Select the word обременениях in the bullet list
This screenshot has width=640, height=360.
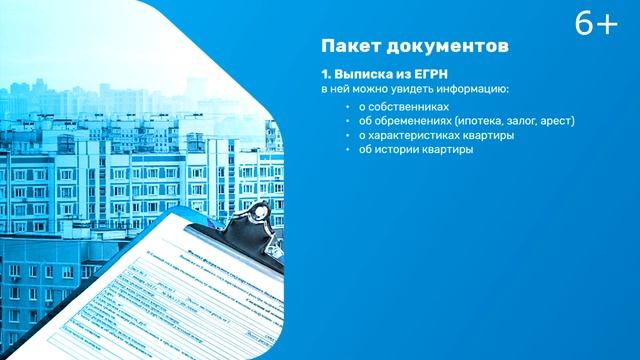coord(405,121)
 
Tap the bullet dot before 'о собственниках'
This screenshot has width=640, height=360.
coord(348,106)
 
